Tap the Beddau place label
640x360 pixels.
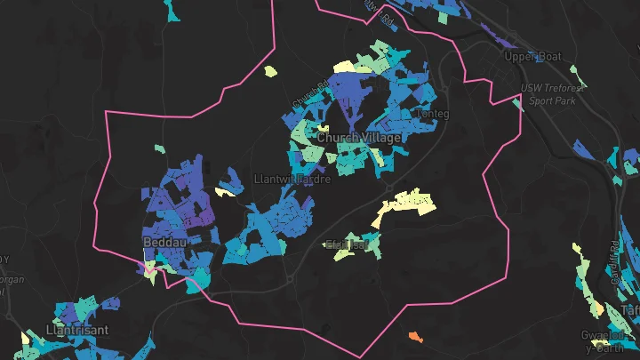pyautogui.click(x=163, y=241)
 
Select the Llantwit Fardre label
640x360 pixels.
pyautogui.click(x=292, y=180)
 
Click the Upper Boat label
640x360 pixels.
pyautogui.click(x=533, y=57)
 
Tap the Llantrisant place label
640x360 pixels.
pyautogui.click(x=76, y=330)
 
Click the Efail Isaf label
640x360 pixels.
pyautogui.click(x=347, y=244)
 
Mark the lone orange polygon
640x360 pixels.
pyautogui.click(x=415, y=336)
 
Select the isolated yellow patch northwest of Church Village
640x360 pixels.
pyautogui.click(x=270, y=71)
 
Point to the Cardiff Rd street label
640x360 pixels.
pyautogui.click(x=614, y=258)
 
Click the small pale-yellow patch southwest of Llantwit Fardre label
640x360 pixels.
pyautogui.click(x=224, y=190)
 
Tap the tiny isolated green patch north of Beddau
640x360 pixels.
pyautogui.click(x=159, y=149)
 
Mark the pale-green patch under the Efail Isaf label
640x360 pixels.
pyautogui.click(x=343, y=256)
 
